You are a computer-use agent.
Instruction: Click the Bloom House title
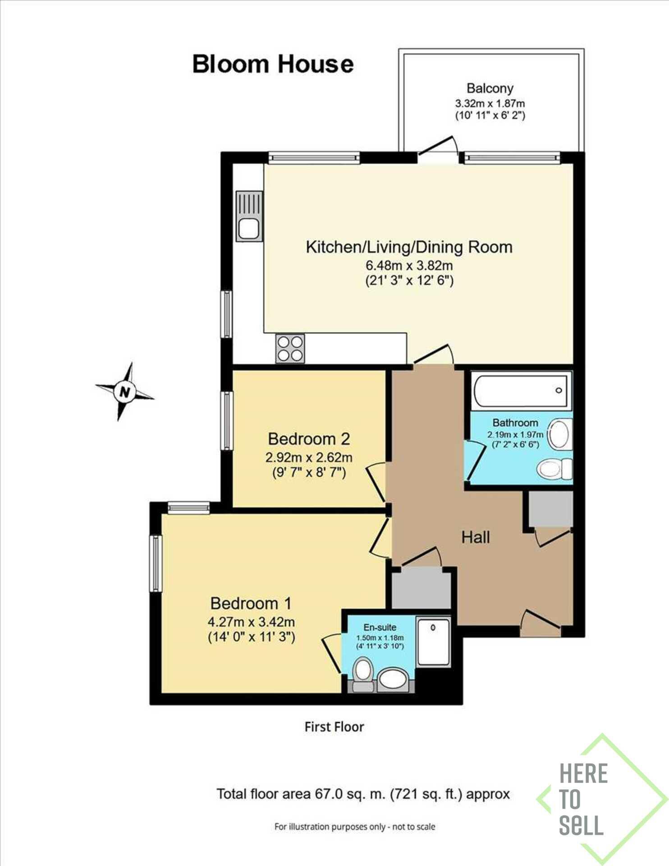(273, 64)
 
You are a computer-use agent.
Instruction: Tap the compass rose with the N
(124, 392)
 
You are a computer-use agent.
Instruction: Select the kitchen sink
(249, 216)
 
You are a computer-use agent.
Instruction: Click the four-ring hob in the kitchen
(290, 349)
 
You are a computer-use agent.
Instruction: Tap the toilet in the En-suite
(363, 675)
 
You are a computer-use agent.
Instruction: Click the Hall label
(476, 537)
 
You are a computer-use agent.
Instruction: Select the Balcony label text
(490, 88)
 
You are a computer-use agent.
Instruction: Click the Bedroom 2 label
(309, 439)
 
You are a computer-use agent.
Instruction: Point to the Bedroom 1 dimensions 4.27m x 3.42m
(251, 622)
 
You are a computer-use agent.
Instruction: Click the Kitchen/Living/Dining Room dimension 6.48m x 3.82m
(409, 265)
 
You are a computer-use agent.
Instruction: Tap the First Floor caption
(334, 727)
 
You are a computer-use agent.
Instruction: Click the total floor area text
(363, 794)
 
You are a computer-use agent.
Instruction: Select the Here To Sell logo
(602, 799)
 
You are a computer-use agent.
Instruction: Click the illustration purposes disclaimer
(355, 827)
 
